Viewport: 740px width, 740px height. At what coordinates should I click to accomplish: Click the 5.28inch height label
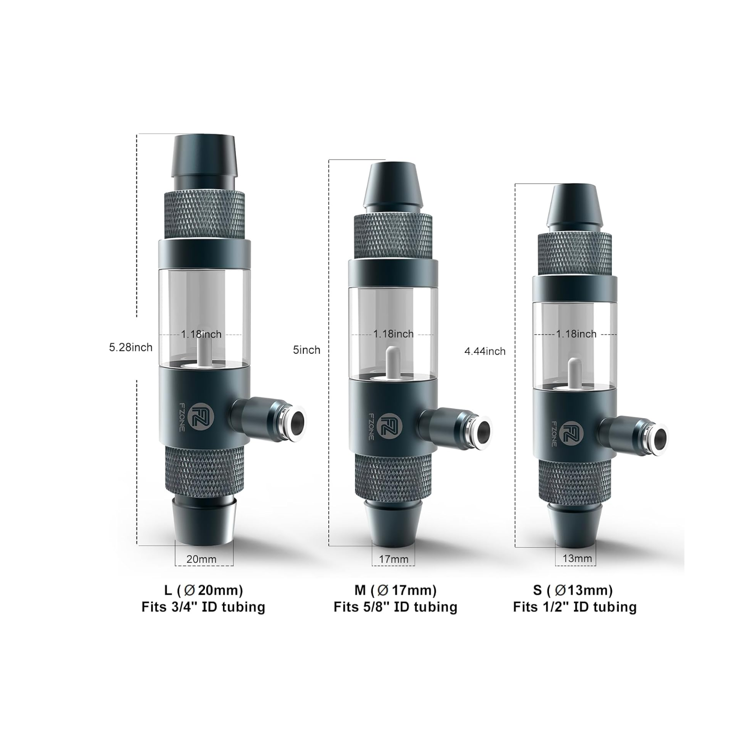pyautogui.click(x=131, y=347)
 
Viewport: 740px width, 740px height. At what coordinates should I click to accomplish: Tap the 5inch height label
pyautogui.click(x=307, y=350)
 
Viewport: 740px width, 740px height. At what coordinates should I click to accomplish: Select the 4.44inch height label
pyautogui.click(x=485, y=351)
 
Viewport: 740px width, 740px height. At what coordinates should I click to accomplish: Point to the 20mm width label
pyautogui.click(x=201, y=559)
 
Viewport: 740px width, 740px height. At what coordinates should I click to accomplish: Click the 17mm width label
pyautogui.click(x=394, y=559)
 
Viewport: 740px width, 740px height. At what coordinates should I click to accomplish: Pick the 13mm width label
pyautogui.click(x=577, y=559)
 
